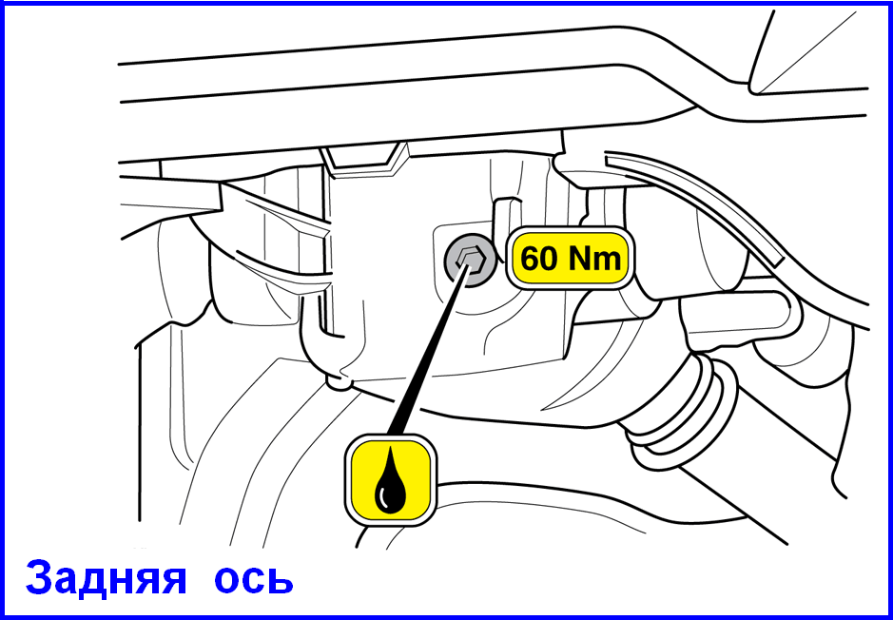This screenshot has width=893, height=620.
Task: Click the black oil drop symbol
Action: [391, 479]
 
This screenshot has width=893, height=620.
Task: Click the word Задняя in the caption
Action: [106, 578]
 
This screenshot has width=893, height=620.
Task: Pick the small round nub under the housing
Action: [339, 381]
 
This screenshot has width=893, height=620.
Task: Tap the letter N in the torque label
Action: [581, 260]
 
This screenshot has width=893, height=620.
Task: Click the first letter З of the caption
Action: [39, 578]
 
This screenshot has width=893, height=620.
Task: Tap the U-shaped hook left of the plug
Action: [319, 336]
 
